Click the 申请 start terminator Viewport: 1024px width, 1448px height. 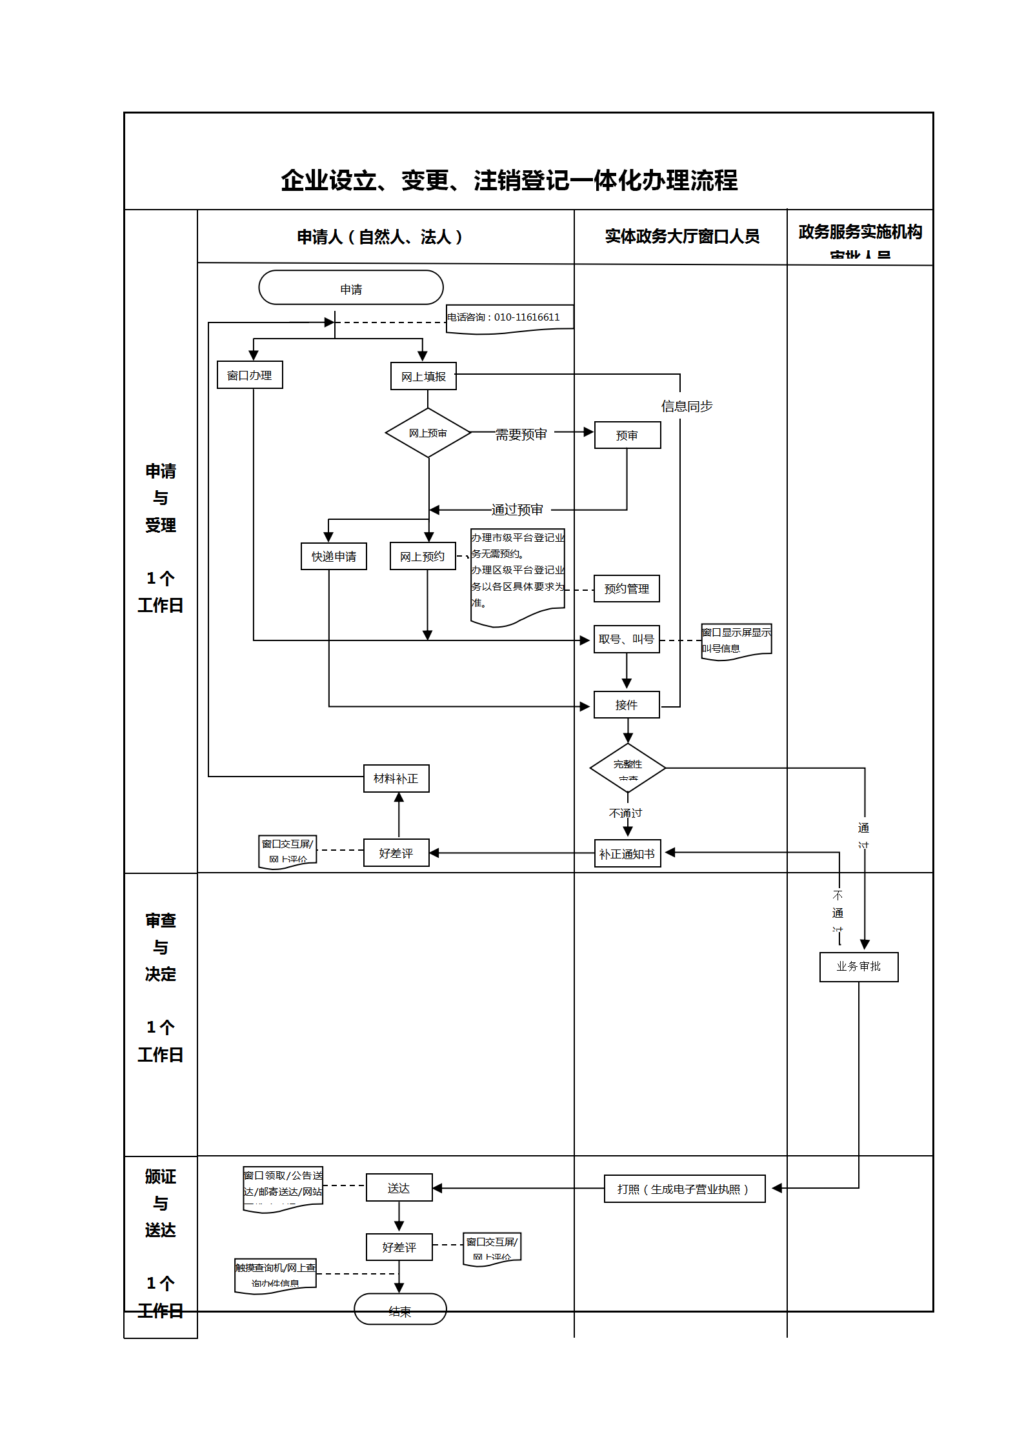coord(350,288)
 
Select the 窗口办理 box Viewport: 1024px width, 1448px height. coord(250,375)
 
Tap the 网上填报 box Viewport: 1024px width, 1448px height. coord(423,376)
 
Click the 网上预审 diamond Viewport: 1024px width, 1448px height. coord(428,433)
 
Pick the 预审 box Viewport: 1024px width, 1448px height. coord(627,435)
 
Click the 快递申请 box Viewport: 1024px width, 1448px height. coord(334,556)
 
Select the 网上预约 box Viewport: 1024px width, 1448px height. coord(423,556)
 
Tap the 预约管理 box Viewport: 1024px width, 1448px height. coord(627,588)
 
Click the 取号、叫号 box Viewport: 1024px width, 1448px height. coord(627,639)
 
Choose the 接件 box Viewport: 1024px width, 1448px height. coord(627,705)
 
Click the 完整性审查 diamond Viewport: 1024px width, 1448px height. coord(627,768)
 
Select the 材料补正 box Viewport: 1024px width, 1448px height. coord(396,779)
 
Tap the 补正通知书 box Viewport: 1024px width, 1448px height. coord(627,853)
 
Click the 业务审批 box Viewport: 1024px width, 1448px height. coord(858,967)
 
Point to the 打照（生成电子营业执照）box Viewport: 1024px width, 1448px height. coord(684,1189)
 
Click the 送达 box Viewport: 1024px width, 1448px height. coord(399,1187)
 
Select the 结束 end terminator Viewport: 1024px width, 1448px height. coord(400,1309)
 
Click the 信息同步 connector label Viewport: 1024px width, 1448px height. coord(687,406)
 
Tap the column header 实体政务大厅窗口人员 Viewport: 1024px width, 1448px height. coord(682,237)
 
